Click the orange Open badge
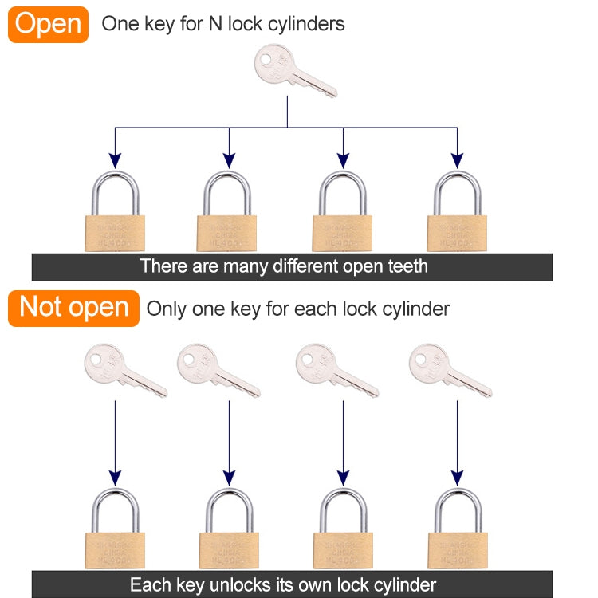click(x=48, y=24)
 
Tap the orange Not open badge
click(x=73, y=308)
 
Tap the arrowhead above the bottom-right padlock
click(x=457, y=477)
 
